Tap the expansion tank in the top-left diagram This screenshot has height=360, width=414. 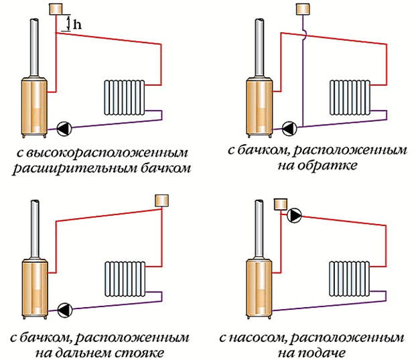pos(56,9)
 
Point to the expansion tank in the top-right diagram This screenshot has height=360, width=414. pos(303,9)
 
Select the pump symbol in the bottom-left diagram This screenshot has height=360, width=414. pos(64,309)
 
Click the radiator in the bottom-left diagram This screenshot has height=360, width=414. pos(123,280)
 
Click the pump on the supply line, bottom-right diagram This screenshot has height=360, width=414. pos(294,216)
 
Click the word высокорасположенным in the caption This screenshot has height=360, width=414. pos(100,152)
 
